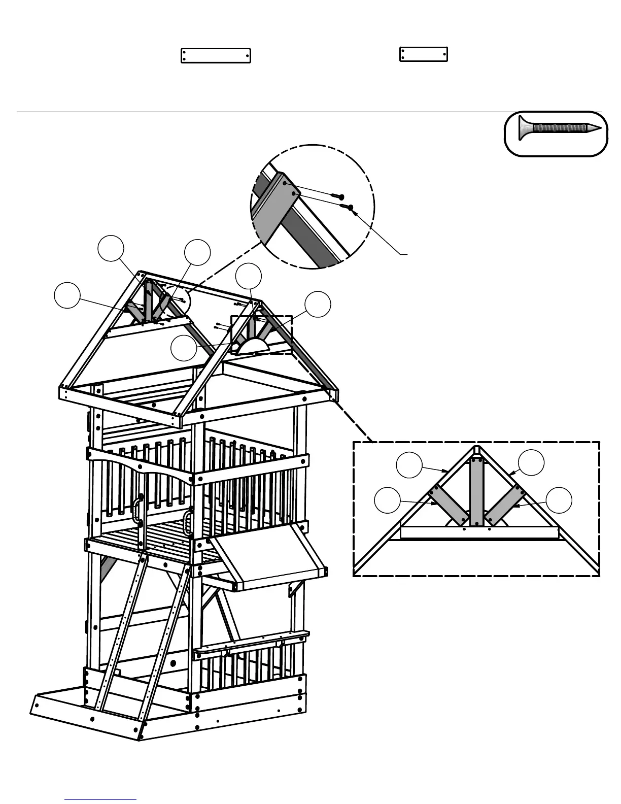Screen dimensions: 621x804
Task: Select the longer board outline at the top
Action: pos(216,56)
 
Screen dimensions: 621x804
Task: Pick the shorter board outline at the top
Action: pos(423,54)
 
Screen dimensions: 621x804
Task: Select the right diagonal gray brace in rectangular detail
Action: pos(504,505)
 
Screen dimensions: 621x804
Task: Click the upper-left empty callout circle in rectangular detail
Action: pos(409,465)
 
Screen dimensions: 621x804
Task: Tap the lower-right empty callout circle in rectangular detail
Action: pos(559,500)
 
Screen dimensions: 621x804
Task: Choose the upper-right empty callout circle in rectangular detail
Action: pos(531,462)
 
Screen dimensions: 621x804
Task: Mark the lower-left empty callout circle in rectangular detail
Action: pos(387,500)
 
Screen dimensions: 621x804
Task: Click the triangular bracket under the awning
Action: pos(295,589)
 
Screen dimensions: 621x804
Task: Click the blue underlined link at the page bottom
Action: pos(100,799)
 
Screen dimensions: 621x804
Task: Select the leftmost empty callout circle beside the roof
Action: pos(67,296)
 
